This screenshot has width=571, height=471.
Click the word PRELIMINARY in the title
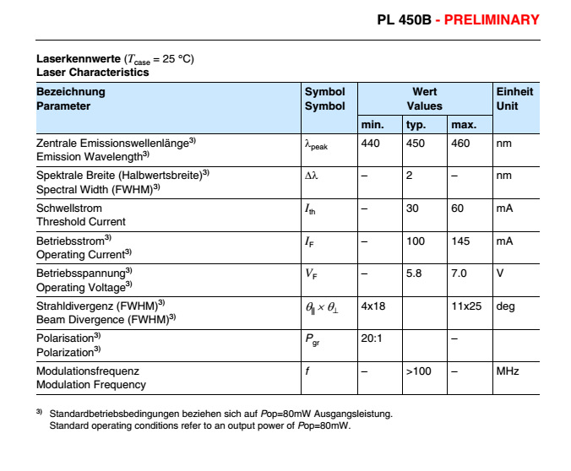click(x=492, y=19)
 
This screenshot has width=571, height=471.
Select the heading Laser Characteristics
click(x=92, y=72)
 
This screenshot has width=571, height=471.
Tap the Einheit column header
click(x=514, y=91)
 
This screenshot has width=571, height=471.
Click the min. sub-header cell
click(x=373, y=125)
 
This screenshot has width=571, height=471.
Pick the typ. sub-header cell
click(x=416, y=125)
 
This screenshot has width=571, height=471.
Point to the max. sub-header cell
click(x=464, y=125)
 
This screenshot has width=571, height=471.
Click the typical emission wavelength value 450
click(x=415, y=143)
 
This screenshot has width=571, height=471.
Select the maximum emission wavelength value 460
click(x=460, y=143)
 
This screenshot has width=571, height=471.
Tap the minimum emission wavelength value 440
click(x=370, y=143)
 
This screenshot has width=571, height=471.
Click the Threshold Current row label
click(x=80, y=221)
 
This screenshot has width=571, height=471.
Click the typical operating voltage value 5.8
click(x=413, y=273)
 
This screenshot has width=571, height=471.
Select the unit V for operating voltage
click(x=500, y=273)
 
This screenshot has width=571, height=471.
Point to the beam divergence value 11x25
click(x=466, y=306)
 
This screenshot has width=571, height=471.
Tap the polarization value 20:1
click(x=373, y=338)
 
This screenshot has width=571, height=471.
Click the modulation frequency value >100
click(x=419, y=371)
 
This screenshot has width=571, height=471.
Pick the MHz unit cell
click(x=507, y=371)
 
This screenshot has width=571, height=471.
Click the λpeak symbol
click(x=316, y=145)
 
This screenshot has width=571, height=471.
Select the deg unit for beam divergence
click(x=505, y=306)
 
